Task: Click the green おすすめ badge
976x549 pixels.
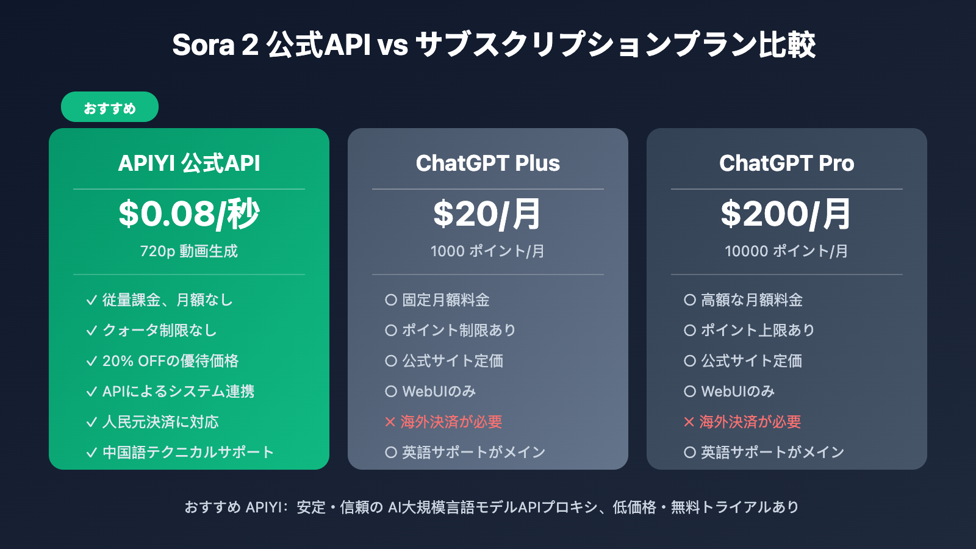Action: coord(110,107)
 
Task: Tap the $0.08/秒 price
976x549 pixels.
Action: coord(189,214)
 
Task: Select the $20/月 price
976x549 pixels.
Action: coord(487,214)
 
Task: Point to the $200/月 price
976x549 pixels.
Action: coord(786,214)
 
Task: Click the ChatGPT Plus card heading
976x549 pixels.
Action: coord(488,163)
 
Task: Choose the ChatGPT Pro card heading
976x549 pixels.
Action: coord(787,163)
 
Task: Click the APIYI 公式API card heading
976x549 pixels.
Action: coord(189,163)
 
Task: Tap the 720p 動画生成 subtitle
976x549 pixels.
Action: coord(189,251)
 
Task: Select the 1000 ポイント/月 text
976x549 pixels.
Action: coord(487,251)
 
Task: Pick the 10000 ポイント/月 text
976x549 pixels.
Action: coord(786,251)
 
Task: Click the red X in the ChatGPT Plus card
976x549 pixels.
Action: coord(390,422)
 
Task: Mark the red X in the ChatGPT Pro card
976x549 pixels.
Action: coord(689,422)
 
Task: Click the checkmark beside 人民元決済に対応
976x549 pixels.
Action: coord(91,422)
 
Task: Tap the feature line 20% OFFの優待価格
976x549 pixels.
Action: coord(170,361)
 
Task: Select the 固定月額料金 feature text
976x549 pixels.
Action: coord(446,300)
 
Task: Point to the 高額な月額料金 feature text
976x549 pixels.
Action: coord(752,300)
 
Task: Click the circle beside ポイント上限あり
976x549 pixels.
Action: coord(690,331)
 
